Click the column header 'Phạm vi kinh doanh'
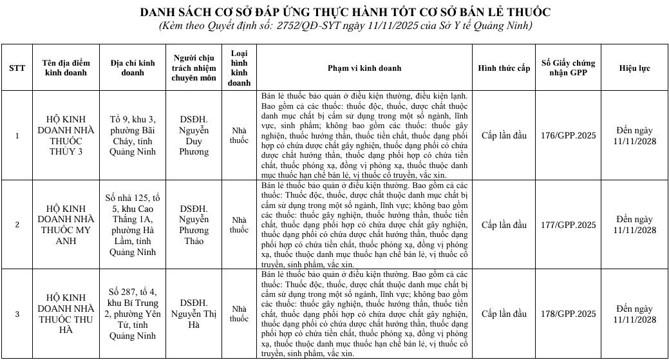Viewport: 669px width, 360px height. click(x=364, y=68)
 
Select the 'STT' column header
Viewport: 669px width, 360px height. click(x=17, y=68)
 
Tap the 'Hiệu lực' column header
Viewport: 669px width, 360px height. click(x=634, y=68)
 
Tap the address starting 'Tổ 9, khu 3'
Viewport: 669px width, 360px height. click(x=133, y=136)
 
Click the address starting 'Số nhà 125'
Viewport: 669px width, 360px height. click(x=133, y=225)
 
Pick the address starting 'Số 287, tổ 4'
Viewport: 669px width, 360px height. click(x=133, y=314)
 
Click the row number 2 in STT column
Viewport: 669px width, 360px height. click(x=17, y=225)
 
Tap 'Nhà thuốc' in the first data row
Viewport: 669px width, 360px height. click(x=239, y=136)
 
